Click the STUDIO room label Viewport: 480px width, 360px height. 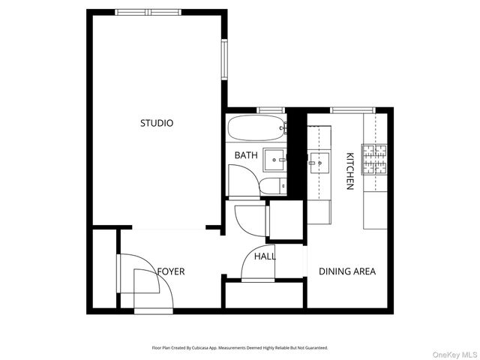coord(157,123)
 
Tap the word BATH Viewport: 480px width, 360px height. coord(245,156)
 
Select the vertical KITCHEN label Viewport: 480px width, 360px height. coord(349,171)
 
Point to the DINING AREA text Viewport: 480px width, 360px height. coord(347,271)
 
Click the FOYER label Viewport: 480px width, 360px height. coord(170,271)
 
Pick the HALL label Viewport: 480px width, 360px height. coord(265,256)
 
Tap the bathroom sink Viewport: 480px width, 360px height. coord(275,157)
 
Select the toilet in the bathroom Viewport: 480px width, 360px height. coord(271,185)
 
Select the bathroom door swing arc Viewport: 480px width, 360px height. coord(241,180)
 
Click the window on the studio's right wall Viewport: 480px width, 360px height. coord(223,59)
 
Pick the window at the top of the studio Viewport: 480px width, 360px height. coord(148,12)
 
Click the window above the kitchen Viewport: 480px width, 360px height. coord(347,110)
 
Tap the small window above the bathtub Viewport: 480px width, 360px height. coord(268,110)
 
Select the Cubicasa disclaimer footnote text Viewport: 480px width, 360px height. coord(239,348)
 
